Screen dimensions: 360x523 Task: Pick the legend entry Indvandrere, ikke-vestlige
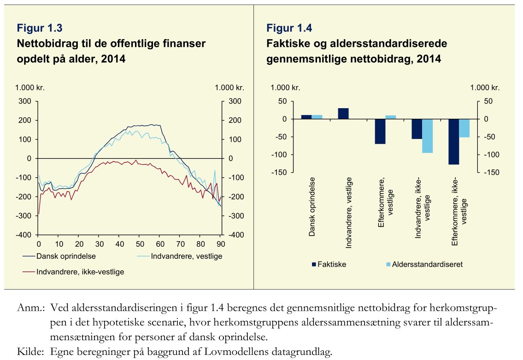[x=80, y=272]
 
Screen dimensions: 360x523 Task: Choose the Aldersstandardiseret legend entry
[x=424, y=264]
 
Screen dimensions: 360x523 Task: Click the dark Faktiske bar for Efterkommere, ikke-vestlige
[x=453, y=141]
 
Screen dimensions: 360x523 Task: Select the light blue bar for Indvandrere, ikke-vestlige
[x=428, y=136]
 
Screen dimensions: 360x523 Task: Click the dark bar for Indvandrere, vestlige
[x=343, y=114]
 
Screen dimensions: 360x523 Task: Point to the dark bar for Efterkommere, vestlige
[x=380, y=131]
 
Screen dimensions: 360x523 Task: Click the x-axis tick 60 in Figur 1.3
[x=160, y=244]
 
